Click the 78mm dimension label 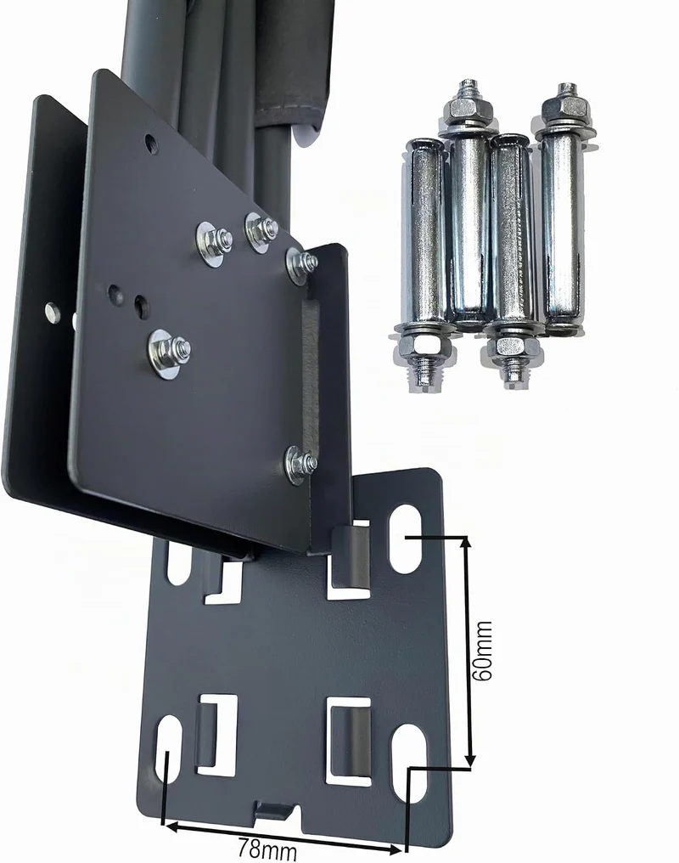click(x=267, y=849)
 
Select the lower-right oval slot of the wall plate click(x=411, y=763)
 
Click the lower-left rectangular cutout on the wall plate click(x=216, y=735)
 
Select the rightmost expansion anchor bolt click(x=561, y=209)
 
